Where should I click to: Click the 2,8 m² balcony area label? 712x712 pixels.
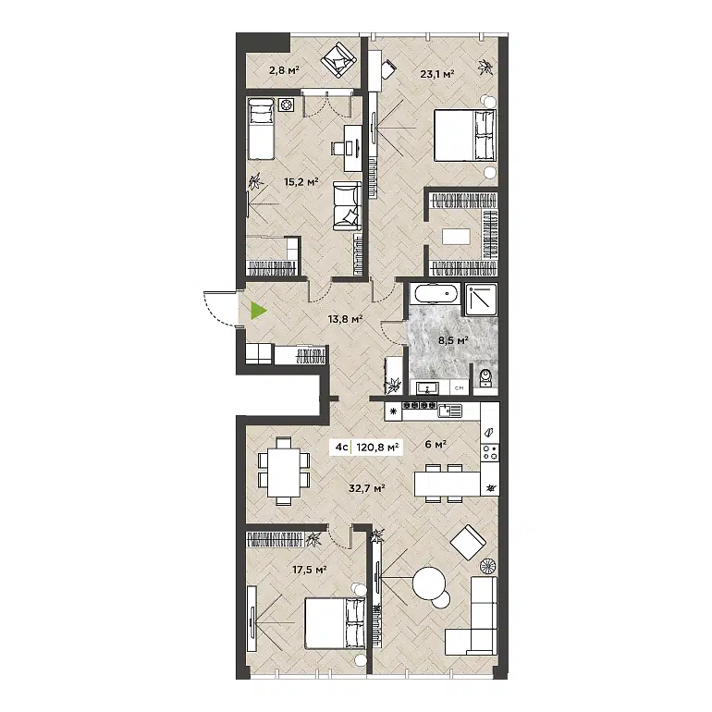coord(284,69)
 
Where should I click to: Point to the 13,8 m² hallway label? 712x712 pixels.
coord(345,319)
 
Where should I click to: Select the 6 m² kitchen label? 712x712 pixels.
coord(435,444)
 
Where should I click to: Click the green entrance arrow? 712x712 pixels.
coord(258,311)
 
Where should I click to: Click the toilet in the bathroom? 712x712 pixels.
coord(485,376)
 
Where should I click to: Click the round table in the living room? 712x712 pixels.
coord(430,584)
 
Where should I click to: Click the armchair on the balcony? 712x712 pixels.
coord(338,62)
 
